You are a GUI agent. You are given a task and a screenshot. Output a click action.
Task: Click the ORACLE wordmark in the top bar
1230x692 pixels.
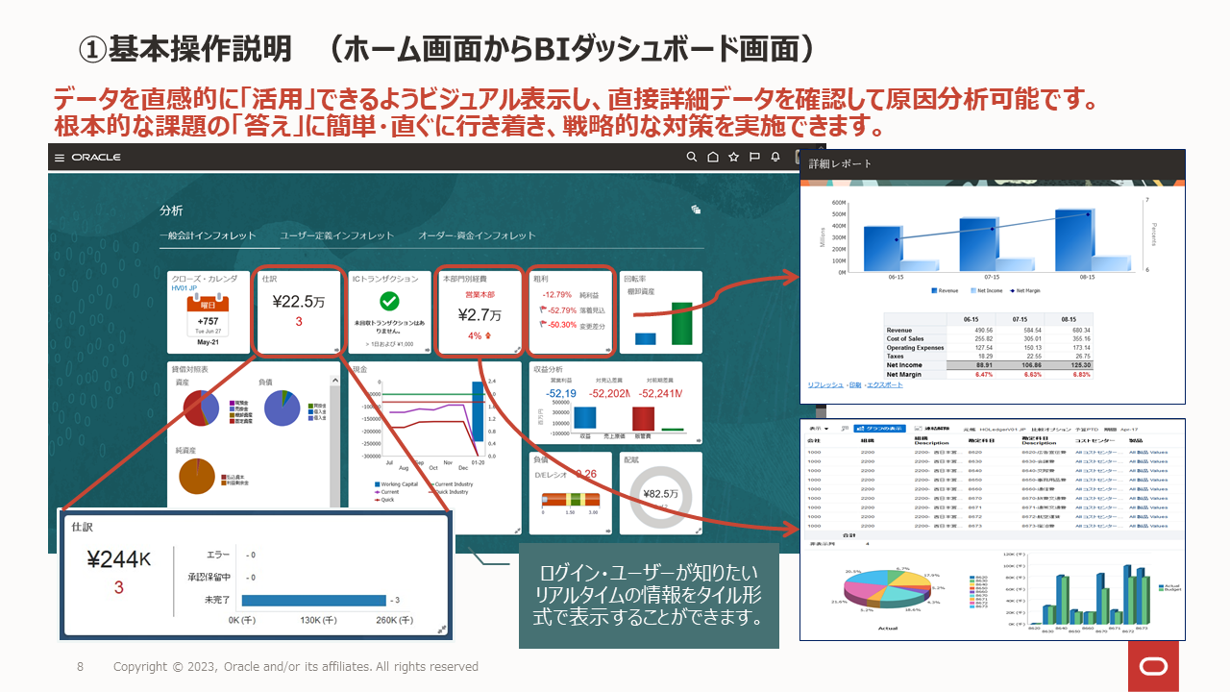tap(96, 158)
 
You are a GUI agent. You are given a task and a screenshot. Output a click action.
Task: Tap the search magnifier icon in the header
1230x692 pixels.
tap(692, 158)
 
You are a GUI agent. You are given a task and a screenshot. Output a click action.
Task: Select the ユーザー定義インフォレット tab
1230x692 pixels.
tap(336, 235)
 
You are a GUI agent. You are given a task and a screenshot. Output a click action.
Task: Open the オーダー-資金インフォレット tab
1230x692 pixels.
tap(477, 235)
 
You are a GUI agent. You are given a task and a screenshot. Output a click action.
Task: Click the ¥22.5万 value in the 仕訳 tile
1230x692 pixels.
tap(298, 301)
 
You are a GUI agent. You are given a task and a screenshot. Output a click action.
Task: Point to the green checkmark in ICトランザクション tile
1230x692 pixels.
tap(389, 302)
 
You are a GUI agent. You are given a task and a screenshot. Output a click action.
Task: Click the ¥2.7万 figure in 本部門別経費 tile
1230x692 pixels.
tap(479, 314)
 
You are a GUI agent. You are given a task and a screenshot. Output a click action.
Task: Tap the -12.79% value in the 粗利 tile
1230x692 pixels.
tap(557, 295)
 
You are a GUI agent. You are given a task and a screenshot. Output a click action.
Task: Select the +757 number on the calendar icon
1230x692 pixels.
tap(208, 321)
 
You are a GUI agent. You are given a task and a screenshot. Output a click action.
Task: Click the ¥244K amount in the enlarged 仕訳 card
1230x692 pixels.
tap(119, 560)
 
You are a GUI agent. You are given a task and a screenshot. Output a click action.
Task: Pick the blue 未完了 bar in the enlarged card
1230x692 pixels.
tap(313, 600)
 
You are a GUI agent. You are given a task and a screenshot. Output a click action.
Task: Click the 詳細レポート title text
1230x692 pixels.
tap(840, 164)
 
